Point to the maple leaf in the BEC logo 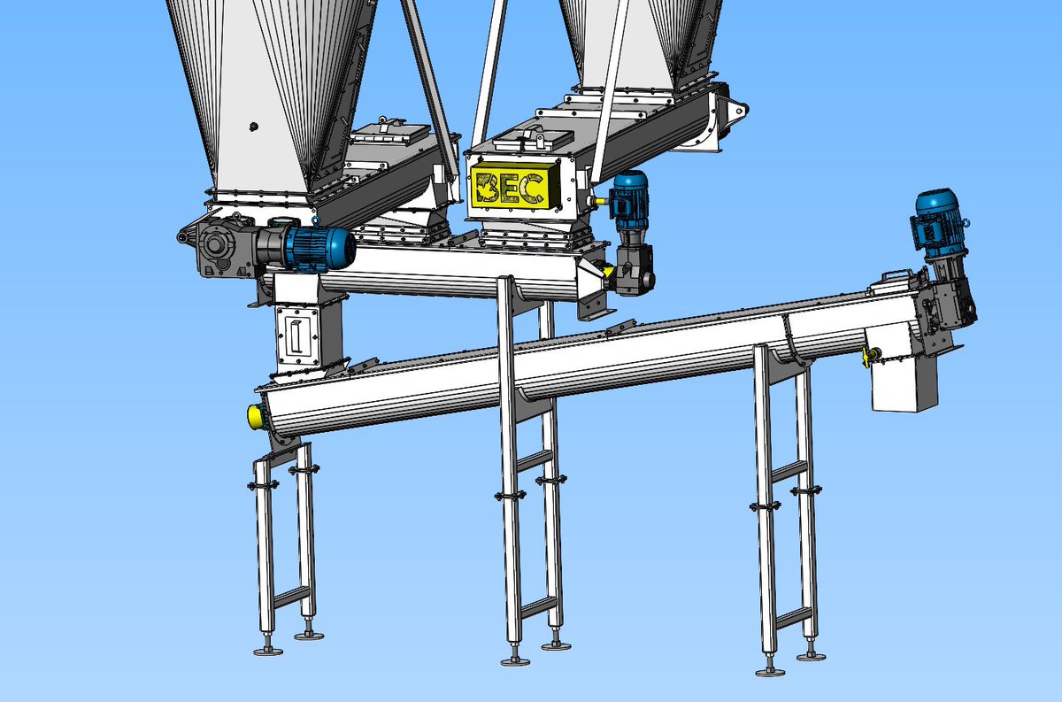click(485, 189)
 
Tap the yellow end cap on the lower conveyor click(256, 416)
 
